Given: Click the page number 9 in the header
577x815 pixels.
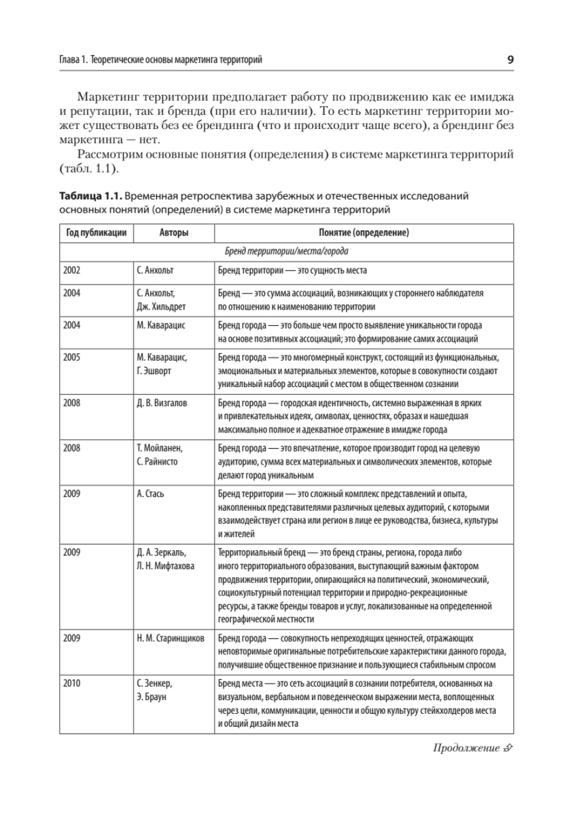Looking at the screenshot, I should [x=510, y=60].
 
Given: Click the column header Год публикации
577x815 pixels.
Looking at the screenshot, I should [x=96, y=233].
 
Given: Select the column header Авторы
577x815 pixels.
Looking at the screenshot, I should [x=173, y=233].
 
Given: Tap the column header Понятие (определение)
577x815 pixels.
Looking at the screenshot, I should [x=363, y=233].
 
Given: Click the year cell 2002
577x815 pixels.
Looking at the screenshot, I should [x=71, y=270].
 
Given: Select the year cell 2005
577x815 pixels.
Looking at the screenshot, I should [x=71, y=357].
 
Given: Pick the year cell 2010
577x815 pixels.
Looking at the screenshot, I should [x=71, y=682].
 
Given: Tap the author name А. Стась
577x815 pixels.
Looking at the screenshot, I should [x=150, y=492].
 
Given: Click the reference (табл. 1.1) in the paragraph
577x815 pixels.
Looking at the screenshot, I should [x=88, y=167].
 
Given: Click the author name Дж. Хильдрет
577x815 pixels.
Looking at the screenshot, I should [x=160, y=306].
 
